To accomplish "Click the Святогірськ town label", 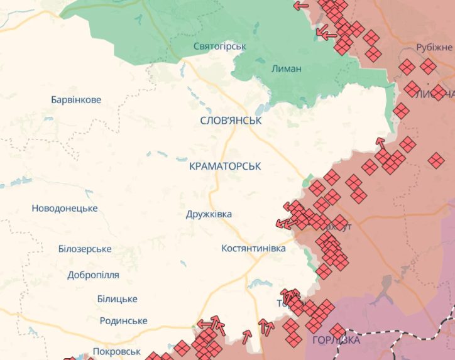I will [219, 46].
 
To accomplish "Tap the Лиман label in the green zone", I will [287, 68].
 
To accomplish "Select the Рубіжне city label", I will [434, 48].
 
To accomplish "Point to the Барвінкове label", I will [75, 100].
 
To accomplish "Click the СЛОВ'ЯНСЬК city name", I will [231, 120].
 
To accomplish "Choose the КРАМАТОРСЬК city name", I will [224, 166].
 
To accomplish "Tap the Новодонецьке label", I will [64, 208].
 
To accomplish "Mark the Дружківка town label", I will [209, 214].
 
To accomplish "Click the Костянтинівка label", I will [253, 248].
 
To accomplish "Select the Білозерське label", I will [84, 249].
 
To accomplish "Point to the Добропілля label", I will [93, 275].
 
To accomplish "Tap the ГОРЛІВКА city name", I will [336, 341].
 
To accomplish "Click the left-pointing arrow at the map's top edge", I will [301, 6].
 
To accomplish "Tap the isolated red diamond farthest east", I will [436, 160].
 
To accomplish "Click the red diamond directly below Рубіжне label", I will [428, 66].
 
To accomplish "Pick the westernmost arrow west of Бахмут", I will [282, 223].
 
